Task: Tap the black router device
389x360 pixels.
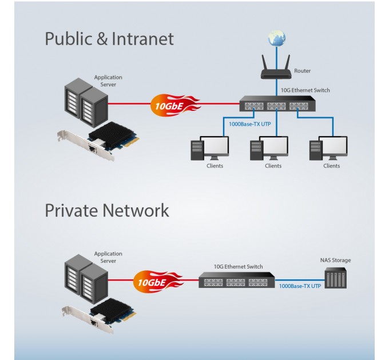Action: point(277,70)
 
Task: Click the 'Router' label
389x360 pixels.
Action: point(303,71)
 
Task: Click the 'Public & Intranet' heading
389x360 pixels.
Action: point(109,39)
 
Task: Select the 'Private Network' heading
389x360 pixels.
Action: point(107,210)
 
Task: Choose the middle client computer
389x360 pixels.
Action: point(269,149)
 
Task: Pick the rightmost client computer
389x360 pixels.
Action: point(328,149)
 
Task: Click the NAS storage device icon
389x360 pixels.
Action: point(335,279)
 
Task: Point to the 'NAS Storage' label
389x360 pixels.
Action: point(335,261)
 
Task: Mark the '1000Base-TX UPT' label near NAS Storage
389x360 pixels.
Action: point(299,285)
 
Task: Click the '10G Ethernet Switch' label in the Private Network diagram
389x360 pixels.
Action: point(238,266)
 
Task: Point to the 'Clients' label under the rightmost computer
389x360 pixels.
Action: point(331,166)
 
